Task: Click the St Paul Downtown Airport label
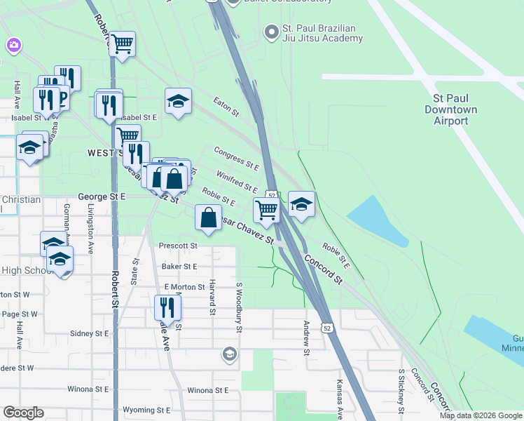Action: (x=450, y=110)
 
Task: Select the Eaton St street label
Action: (x=226, y=107)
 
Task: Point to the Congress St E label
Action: (x=236, y=159)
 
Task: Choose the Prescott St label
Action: (x=179, y=246)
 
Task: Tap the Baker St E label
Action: (x=179, y=267)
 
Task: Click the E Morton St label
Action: (x=185, y=287)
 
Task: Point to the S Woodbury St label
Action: (x=239, y=303)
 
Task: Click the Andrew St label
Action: (x=306, y=338)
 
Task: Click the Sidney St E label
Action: (x=90, y=333)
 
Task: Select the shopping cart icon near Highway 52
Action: (x=266, y=208)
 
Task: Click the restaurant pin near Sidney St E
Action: (x=167, y=307)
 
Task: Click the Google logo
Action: (x=23, y=413)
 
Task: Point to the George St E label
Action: (x=101, y=198)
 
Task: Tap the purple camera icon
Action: (x=13, y=46)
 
